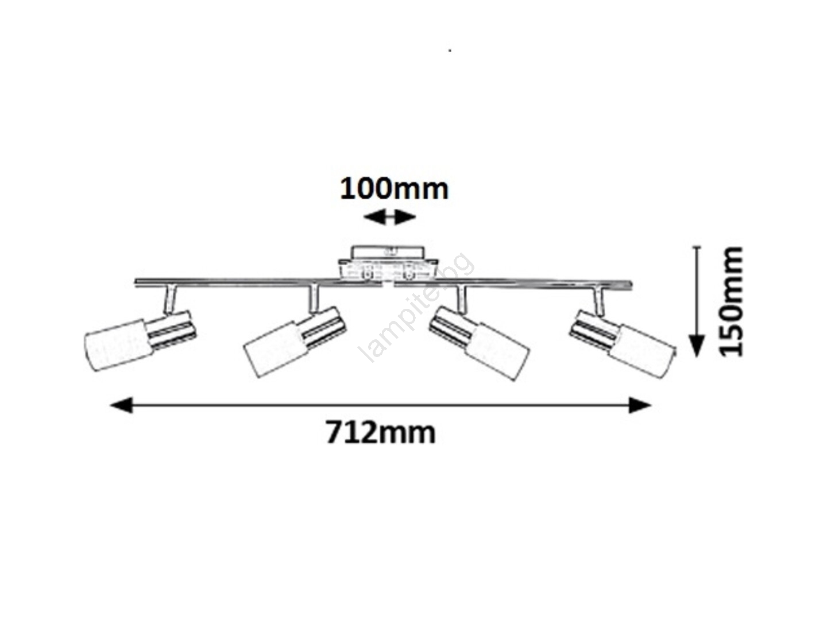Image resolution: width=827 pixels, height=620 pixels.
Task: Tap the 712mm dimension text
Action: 381,432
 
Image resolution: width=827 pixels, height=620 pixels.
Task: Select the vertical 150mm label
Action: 731,301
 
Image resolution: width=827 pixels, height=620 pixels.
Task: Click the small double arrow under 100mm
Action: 389,217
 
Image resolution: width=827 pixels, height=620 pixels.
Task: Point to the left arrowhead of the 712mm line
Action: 121,405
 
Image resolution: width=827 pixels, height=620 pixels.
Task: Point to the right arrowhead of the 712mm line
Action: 640,405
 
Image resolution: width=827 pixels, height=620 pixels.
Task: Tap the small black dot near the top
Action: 450,50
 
